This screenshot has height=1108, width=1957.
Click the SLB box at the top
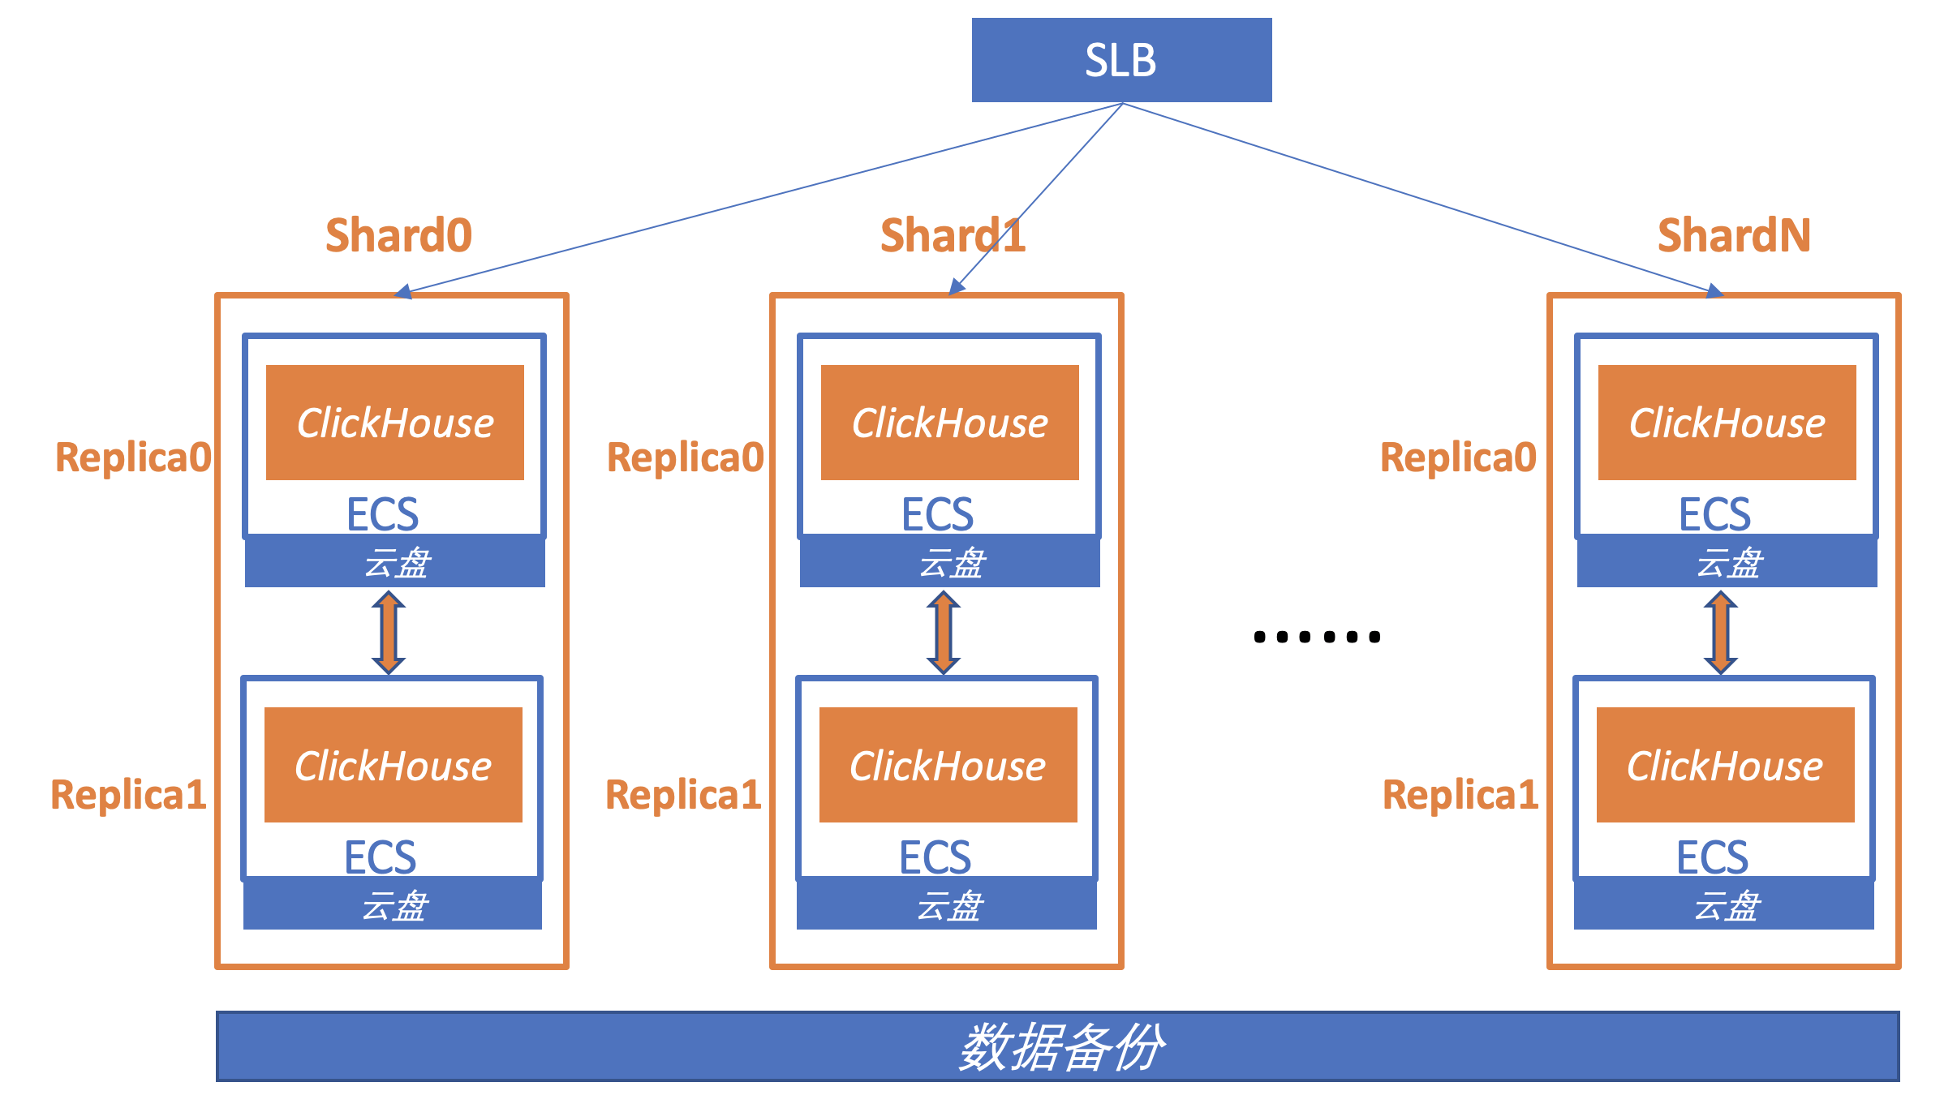(x=1121, y=60)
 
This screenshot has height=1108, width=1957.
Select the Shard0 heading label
(x=398, y=235)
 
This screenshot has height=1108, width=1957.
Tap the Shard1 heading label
(x=953, y=235)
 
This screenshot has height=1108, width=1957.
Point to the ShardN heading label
(x=1734, y=235)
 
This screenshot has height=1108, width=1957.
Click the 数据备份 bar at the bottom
(x=1057, y=1046)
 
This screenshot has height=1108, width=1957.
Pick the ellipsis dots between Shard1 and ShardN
(x=1316, y=637)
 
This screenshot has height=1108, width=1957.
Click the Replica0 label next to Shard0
(x=133, y=457)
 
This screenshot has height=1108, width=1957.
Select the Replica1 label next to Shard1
(x=683, y=794)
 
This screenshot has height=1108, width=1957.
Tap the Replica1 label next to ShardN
(x=1460, y=794)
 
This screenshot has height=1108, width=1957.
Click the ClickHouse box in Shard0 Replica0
(x=395, y=423)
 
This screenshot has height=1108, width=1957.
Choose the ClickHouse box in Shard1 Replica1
(x=948, y=765)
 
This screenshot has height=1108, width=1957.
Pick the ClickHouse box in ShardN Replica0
(x=1727, y=423)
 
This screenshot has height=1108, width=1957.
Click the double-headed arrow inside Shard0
(x=389, y=632)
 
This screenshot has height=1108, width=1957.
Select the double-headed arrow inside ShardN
(x=1720, y=632)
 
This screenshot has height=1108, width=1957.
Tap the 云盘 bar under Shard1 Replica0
(x=949, y=562)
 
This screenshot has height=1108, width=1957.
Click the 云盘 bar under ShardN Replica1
(x=1724, y=904)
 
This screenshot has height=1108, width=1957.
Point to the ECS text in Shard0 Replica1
(x=380, y=857)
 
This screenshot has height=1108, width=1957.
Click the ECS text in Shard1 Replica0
(x=937, y=514)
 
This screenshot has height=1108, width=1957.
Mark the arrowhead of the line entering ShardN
(x=1714, y=291)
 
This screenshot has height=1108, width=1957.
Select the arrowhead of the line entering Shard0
(x=404, y=293)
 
